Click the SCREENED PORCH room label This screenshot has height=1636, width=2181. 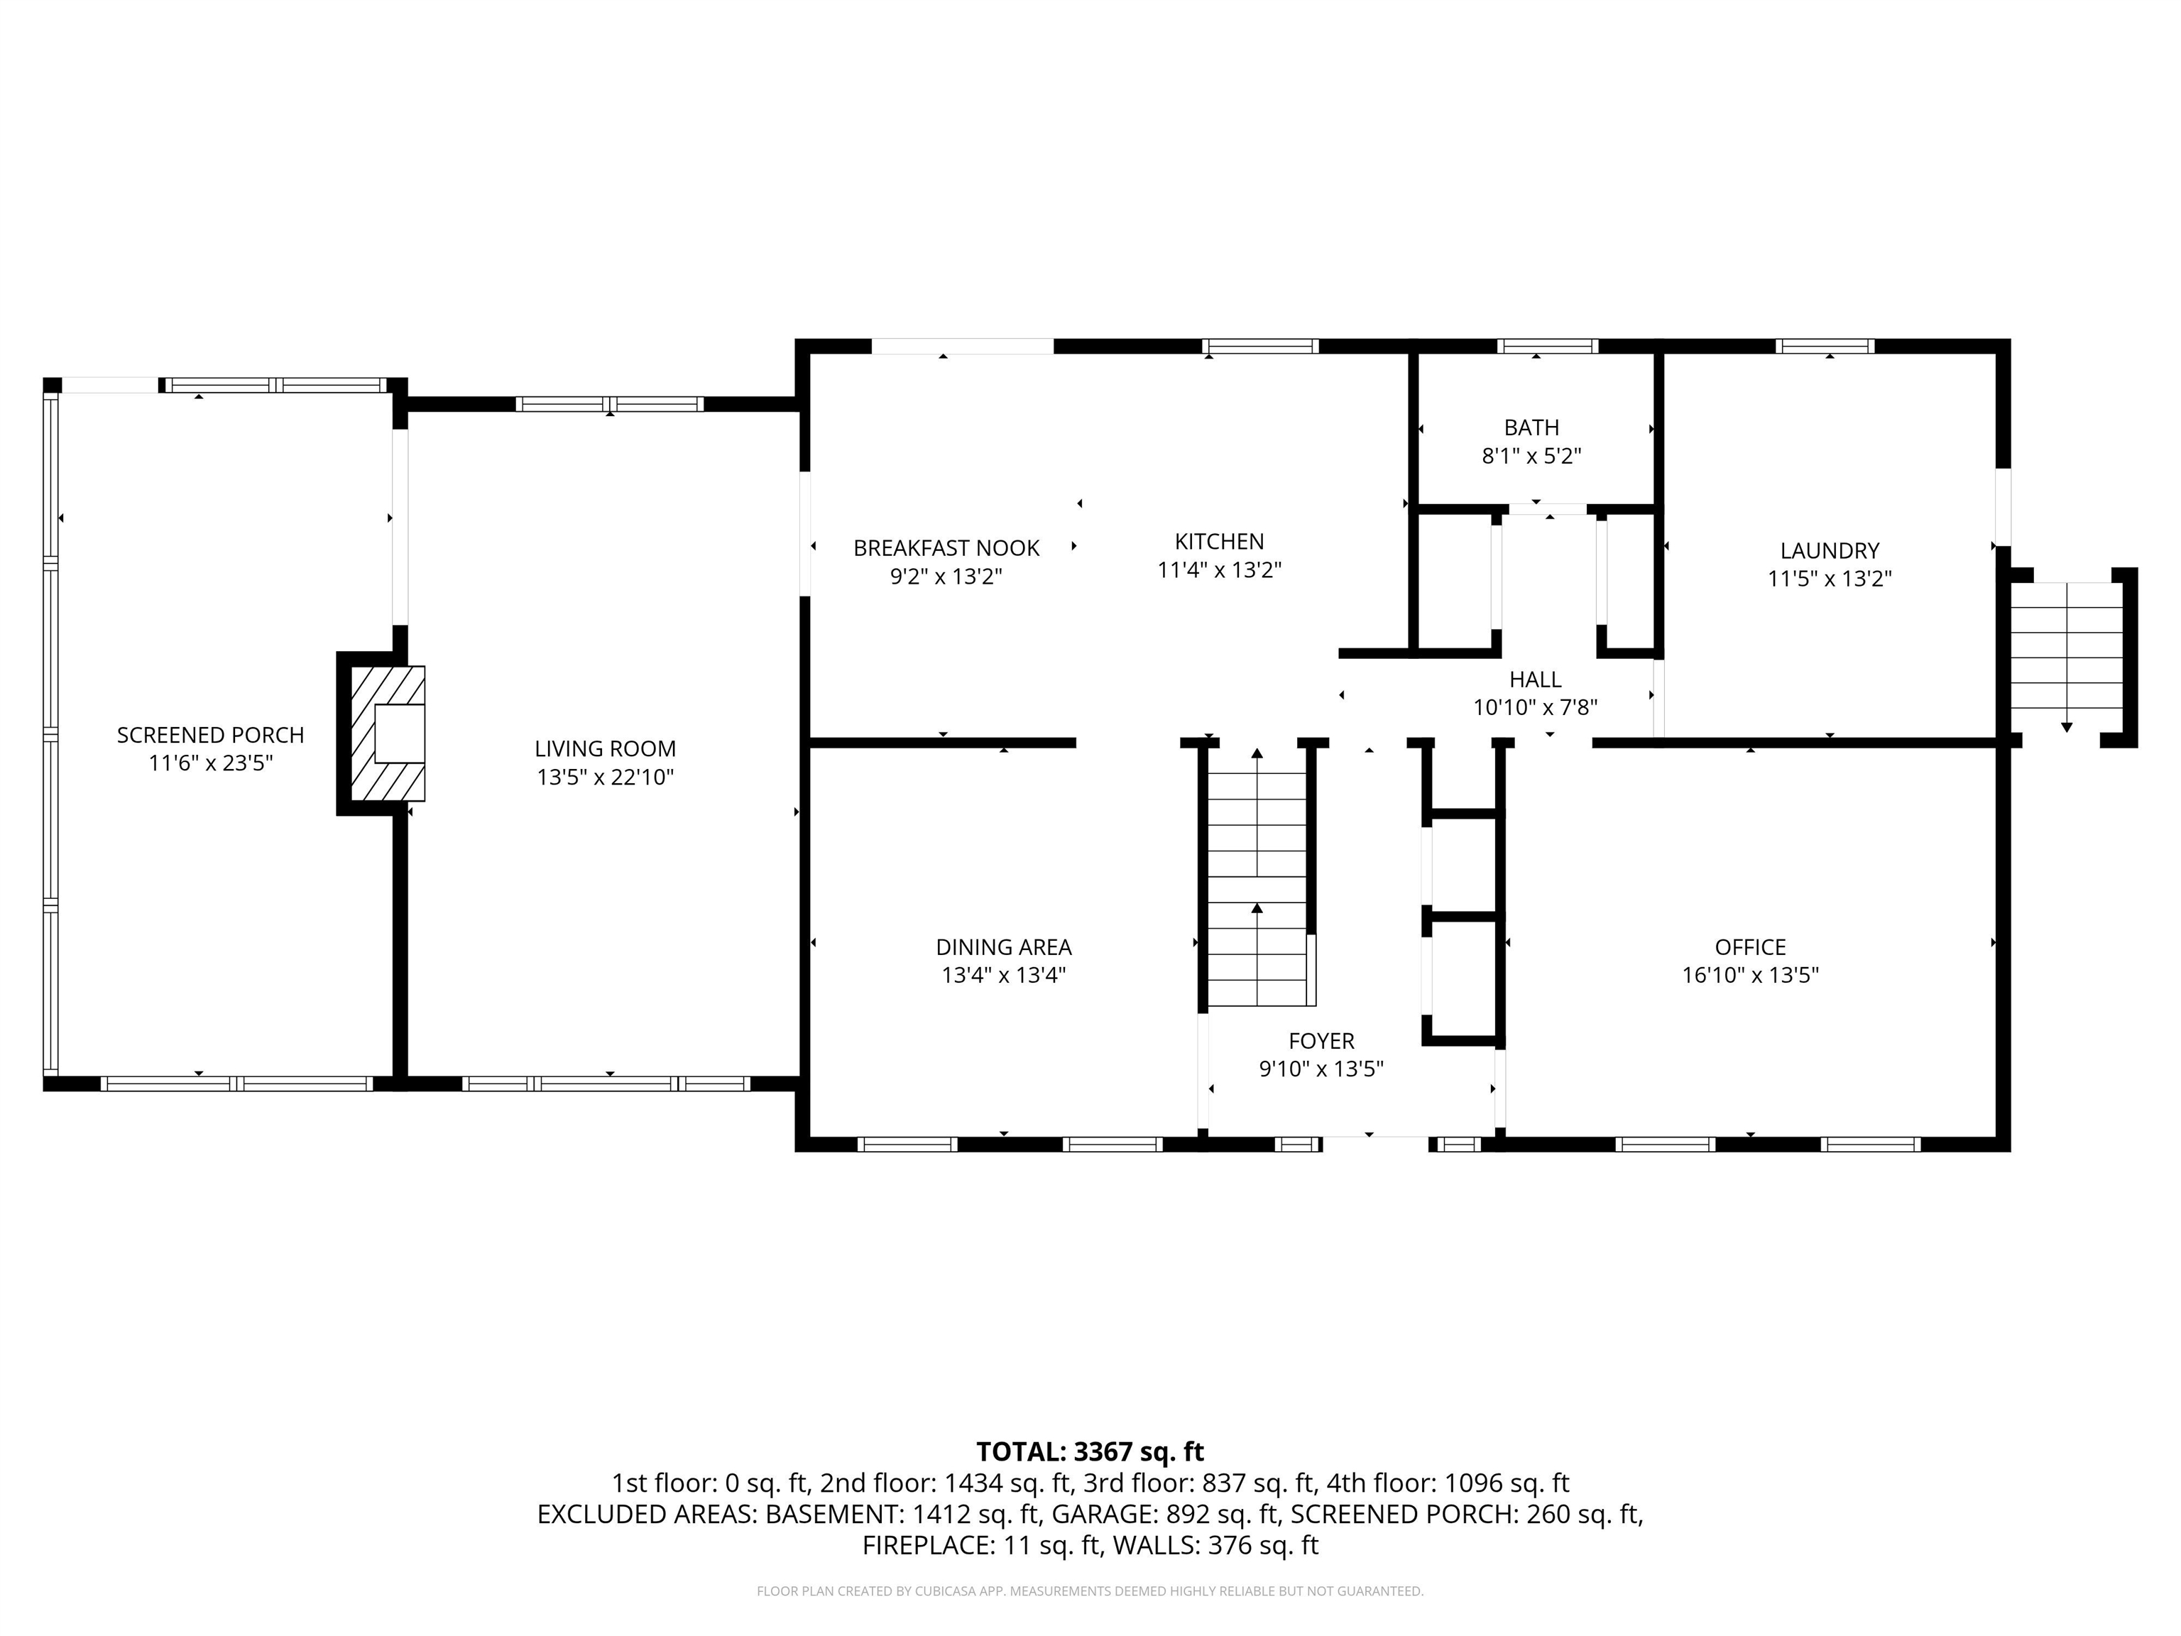pyautogui.click(x=210, y=735)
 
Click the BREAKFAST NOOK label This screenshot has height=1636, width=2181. pyautogui.click(x=946, y=548)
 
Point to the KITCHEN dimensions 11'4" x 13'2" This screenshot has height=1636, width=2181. pyautogui.click(x=1219, y=570)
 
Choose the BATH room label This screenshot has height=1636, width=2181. pyautogui.click(x=1531, y=428)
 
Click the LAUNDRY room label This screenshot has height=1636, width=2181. pyautogui.click(x=1829, y=551)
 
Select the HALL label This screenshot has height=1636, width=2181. pyautogui.click(x=1535, y=680)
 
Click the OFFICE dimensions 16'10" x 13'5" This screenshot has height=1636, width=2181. pyautogui.click(x=1750, y=976)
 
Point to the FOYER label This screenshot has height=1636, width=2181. pyautogui.click(x=1321, y=1042)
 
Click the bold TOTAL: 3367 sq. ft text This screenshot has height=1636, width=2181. pyautogui.click(x=1090, y=1451)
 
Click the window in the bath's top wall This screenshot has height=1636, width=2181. pyautogui.click(x=1547, y=346)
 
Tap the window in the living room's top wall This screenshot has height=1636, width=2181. pyautogui.click(x=609, y=404)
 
